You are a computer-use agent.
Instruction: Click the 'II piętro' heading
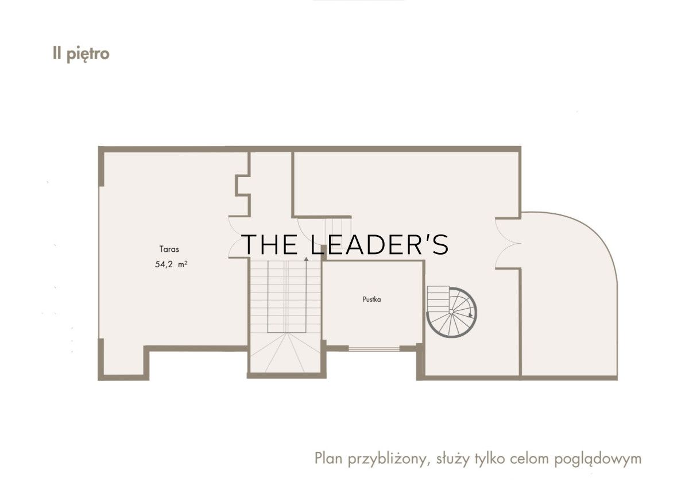(x=81, y=55)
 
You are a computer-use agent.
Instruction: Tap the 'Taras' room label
(x=169, y=249)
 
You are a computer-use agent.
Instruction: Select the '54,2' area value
(x=164, y=264)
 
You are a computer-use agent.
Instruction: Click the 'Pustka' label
(x=372, y=299)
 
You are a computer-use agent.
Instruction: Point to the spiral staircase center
(x=451, y=312)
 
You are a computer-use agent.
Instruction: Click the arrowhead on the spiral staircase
(x=470, y=316)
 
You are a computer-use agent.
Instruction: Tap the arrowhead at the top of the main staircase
(x=306, y=259)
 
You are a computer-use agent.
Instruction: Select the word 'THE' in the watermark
(x=270, y=244)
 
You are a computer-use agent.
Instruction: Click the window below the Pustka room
(x=374, y=349)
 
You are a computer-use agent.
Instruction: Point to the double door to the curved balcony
(x=508, y=243)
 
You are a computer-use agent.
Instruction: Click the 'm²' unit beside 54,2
(x=183, y=264)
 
